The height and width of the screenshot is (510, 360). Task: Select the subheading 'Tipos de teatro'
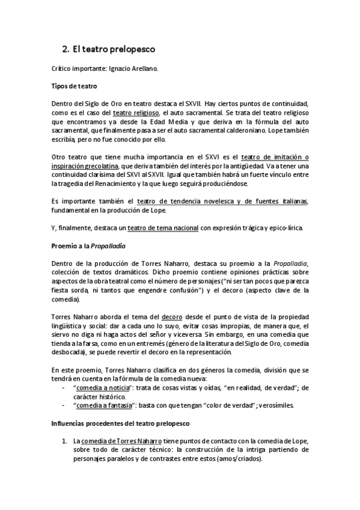74,87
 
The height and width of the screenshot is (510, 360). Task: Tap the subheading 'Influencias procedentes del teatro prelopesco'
120,423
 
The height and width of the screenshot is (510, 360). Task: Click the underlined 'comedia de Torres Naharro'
125,441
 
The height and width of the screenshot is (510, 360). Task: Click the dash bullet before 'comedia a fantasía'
64,405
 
